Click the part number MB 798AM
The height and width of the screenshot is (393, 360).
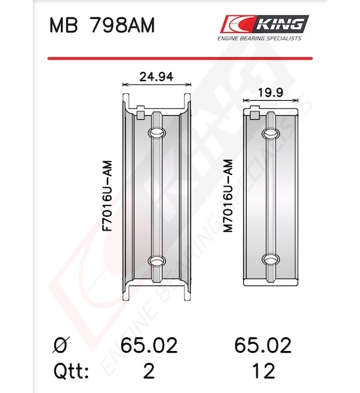tap(102, 26)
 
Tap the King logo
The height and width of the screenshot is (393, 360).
tap(265, 24)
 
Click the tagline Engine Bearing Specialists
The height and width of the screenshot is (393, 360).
tap(260, 39)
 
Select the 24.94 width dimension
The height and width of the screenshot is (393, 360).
tap(156, 77)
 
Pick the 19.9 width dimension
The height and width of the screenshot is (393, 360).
tap(270, 92)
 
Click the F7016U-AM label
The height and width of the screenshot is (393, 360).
tap(108, 196)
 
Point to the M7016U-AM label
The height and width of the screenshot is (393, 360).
tap(228, 196)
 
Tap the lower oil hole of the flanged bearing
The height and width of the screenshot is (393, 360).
tap(157, 261)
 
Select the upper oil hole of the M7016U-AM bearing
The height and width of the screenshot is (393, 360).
tap(271, 134)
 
